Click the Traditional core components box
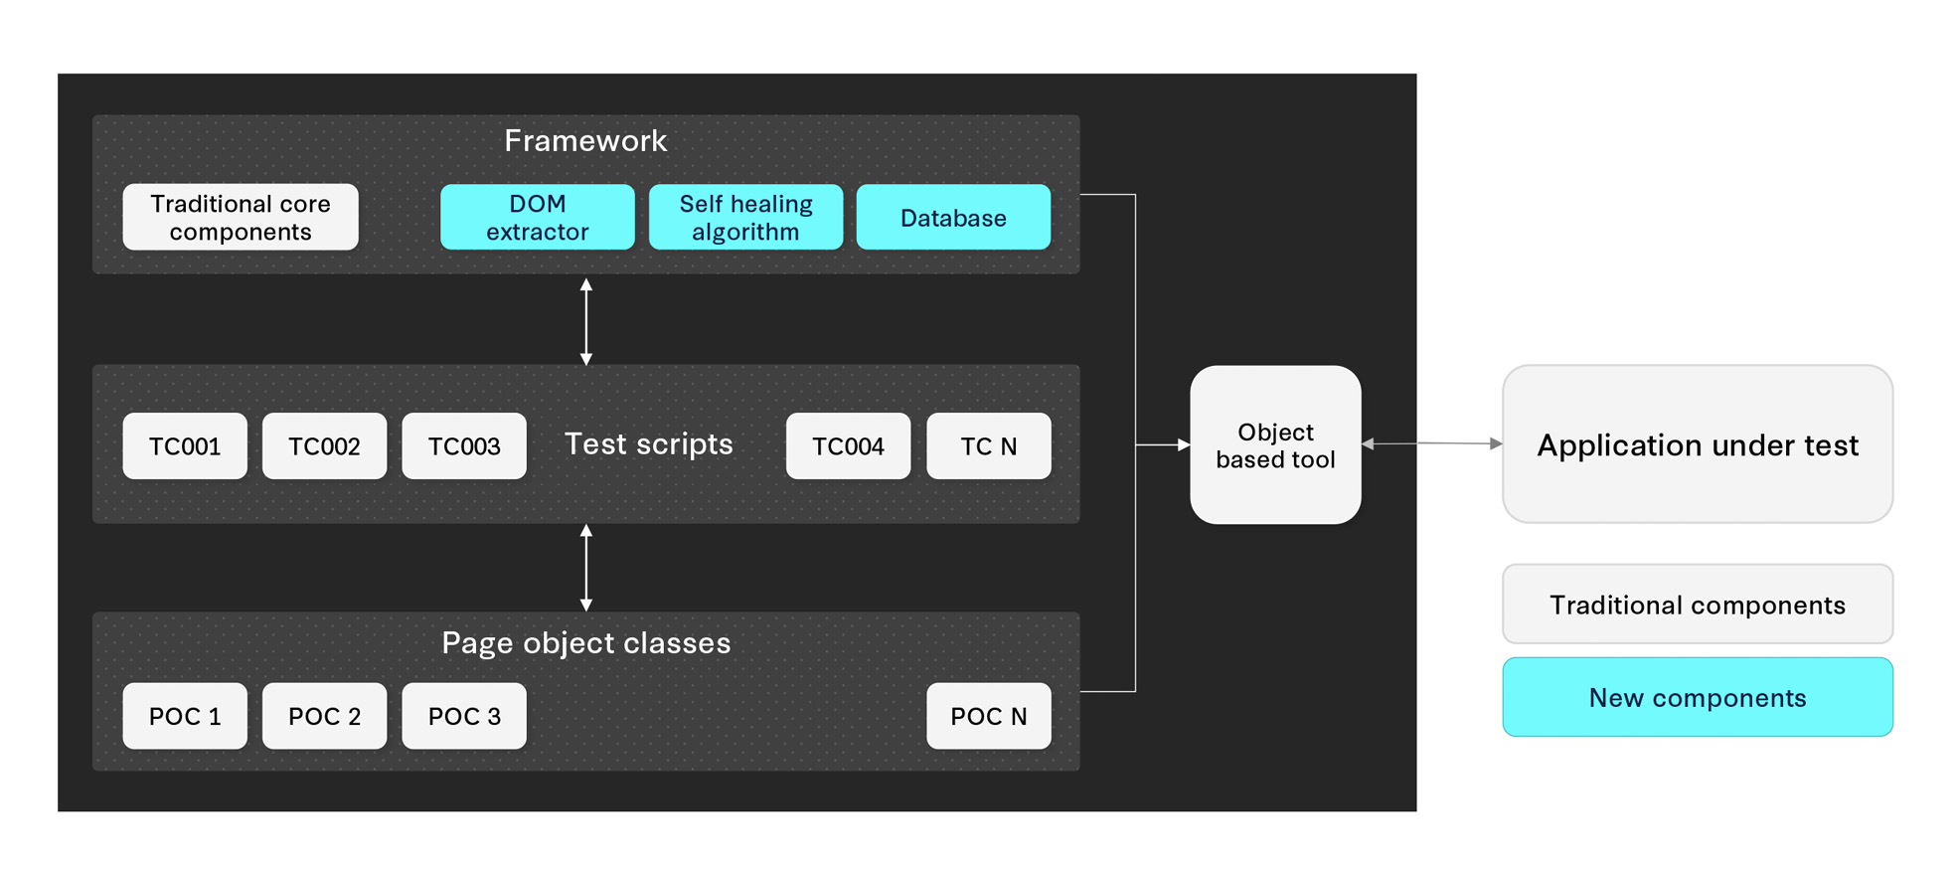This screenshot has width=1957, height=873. pyautogui.click(x=240, y=217)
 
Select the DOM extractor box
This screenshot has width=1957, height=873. pyautogui.click(x=537, y=217)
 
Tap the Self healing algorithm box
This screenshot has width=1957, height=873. pyautogui.click(x=745, y=217)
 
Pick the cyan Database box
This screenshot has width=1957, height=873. pyautogui.click(x=952, y=217)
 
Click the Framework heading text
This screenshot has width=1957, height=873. pyautogui.click(x=585, y=141)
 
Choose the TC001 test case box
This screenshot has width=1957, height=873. pyautogui.click(x=185, y=445)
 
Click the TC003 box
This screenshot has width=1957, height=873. pyautogui.click(x=464, y=445)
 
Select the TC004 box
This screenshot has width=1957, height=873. pyautogui.click(x=848, y=445)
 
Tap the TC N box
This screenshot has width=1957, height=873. pyautogui.click(x=988, y=445)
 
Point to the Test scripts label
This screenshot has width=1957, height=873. pyautogui.click(x=648, y=443)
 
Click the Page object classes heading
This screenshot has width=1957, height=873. pyautogui.click(x=585, y=642)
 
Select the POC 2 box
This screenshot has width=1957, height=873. pyautogui.click(x=324, y=716)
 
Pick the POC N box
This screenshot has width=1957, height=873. pyautogui.click(x=988, y=716)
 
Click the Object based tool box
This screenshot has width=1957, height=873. pyautogui.click(x=1275, y=444)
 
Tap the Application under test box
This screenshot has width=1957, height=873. pyautogui.click(x=1697, y=444)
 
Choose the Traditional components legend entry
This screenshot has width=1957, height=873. pyautogui.click(x=1697, y=605)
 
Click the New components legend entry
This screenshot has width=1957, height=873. pyautogui.click(x=1697, y=697)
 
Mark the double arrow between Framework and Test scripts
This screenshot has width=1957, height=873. pyautogui.click(x=586, y=321)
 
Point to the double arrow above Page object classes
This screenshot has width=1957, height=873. pyautogui.click(x=586, y=568)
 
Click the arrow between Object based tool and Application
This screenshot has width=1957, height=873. pyautogui.click(x=1431, y=443)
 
